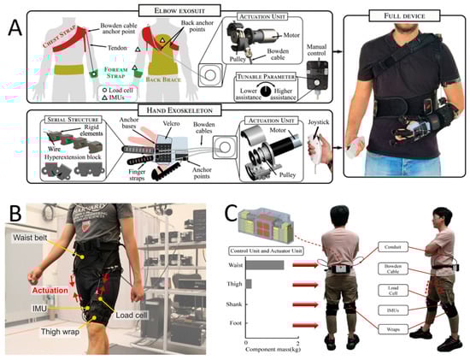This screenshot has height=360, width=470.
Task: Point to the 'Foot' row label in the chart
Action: pos(238,324)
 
